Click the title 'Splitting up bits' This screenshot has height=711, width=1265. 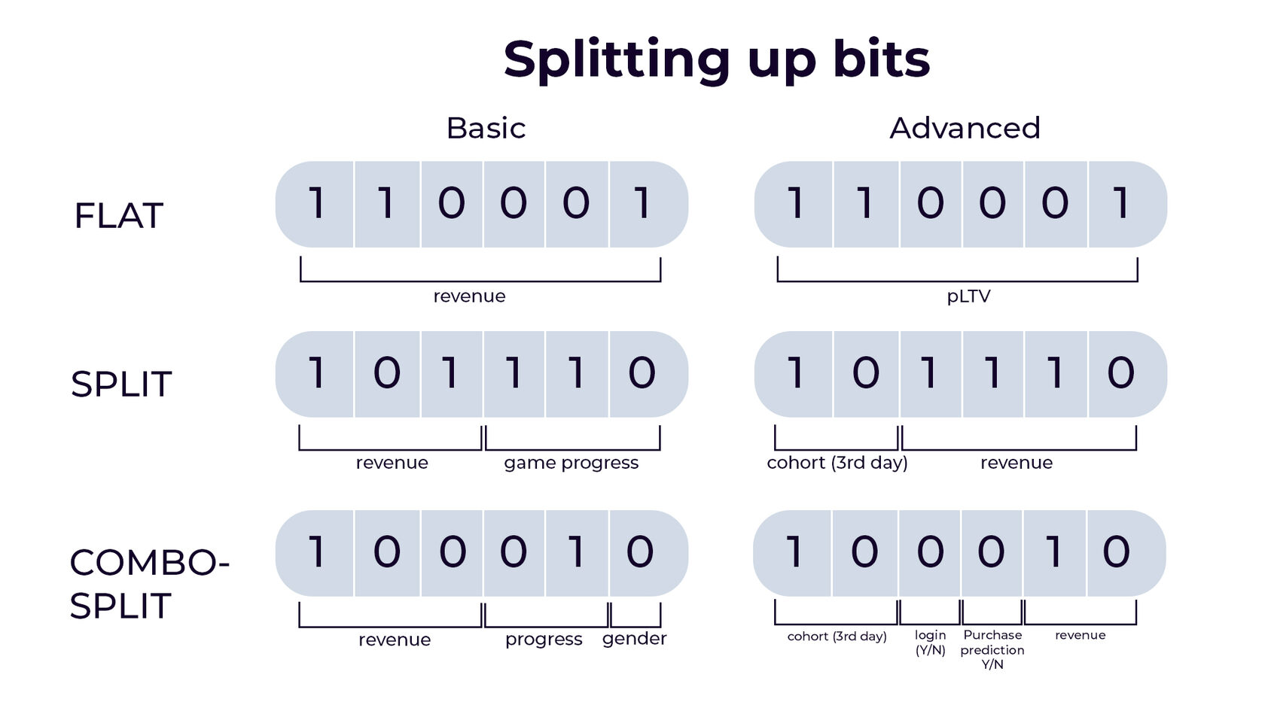pyautogui.click(x=716, y=61)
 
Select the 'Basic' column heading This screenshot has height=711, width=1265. pyautogui.click(x=486, y=128)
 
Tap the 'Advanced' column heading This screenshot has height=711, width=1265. pyautogui.click(x=965, y=128)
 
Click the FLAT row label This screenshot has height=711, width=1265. pyautogui.click(x=119, y=215)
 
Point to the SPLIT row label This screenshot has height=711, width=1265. pyautogui.click(x=120, y=384)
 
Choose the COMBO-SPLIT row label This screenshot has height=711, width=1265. pyautogui.click(x=149, y=584)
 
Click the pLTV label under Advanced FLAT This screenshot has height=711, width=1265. pyautogui.click(x=968, y=296)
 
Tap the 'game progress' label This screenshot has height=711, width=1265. pyautogui.click(x=571, y=463)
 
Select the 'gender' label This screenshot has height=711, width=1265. pyautogui.click(x=634, y=640)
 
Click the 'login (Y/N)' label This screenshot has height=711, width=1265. pyautogui.click(x=930, y=643)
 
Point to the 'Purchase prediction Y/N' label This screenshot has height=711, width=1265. pyautogui.click(x=992, y=649)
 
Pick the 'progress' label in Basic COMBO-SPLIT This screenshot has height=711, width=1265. pyautogui.click(x=544, y=640)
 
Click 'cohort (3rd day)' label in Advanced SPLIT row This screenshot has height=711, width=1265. pyautogui.click(x=837, y=463)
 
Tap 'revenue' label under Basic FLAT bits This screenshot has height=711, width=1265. pyautogui.click(x=469, y=296)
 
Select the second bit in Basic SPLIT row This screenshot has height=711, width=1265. pyautogui.click(x=387, y=374)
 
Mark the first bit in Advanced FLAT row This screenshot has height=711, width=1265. pyautogui.click(x=794, y=205)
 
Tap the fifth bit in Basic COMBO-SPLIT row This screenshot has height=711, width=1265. pyautogui.click(x=577, y=553)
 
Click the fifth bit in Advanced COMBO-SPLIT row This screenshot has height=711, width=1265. pyautogui.click(x=1054, y=553)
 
